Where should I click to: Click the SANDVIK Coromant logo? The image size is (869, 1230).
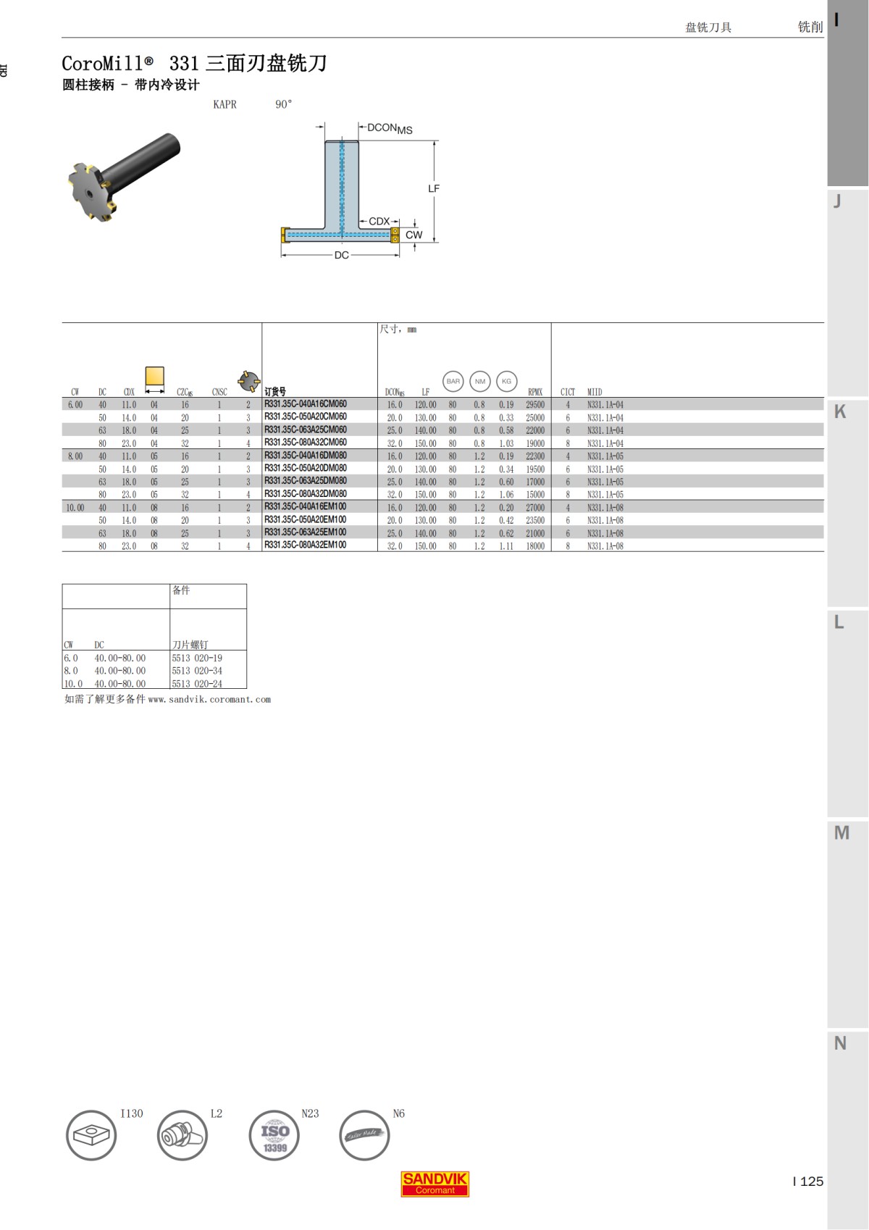(x=434, y=1184)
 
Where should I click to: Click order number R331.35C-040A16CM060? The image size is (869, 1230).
(x=305, y=404)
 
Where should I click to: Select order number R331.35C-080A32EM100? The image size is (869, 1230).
(x=305, y=545)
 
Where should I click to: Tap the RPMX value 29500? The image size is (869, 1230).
(x=535, y=405)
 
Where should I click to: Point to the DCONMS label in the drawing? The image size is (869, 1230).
(x=390, y=128)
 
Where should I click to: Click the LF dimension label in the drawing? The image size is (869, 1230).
(x=434, y=188)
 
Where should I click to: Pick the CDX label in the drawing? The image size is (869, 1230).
(x=379, y=221)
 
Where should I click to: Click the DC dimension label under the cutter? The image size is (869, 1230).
(x=341, y=255)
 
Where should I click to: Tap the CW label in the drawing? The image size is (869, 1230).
(x=413, y=235)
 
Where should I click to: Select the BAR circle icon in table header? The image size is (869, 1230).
(x=453, y=381)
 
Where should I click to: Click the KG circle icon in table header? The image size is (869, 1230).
(x=506, y=381)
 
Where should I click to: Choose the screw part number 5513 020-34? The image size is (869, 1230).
(x=197, y=671)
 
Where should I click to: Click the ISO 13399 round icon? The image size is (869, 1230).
(x=274, y=1135)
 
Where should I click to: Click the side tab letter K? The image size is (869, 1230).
(x=840, y=411)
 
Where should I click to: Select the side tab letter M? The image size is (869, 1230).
(x=841, y=833)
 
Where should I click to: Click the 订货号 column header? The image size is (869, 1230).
(x=274, y=392)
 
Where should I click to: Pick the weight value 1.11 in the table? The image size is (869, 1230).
(x=505, y=546)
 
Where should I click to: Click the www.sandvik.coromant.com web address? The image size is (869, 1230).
(x=209, y=700)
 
